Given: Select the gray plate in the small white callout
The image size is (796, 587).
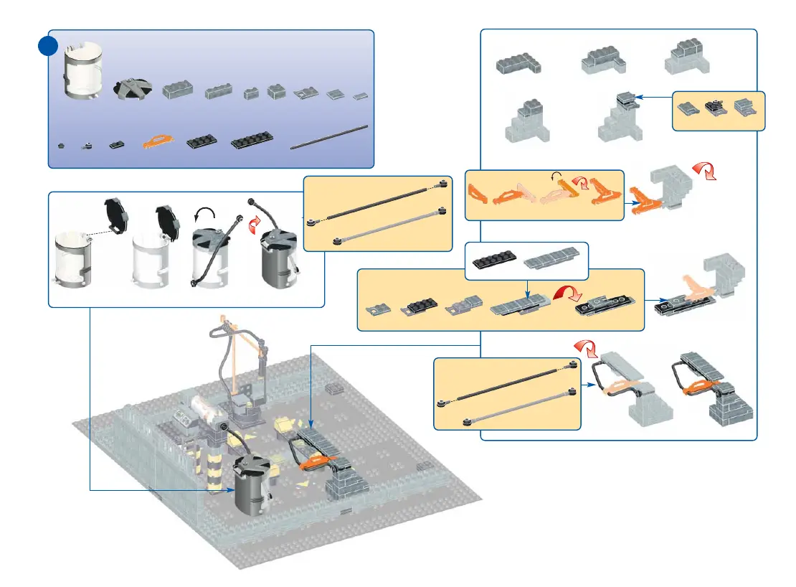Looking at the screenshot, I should (x=551, y=260).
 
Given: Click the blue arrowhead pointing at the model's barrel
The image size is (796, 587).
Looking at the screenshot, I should (x=232, y=490).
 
